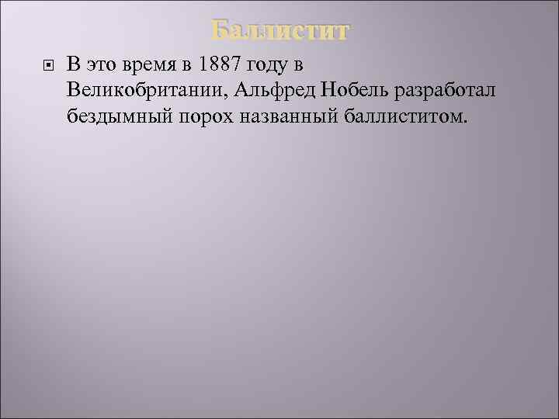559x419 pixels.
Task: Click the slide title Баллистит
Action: click(280, 31)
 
